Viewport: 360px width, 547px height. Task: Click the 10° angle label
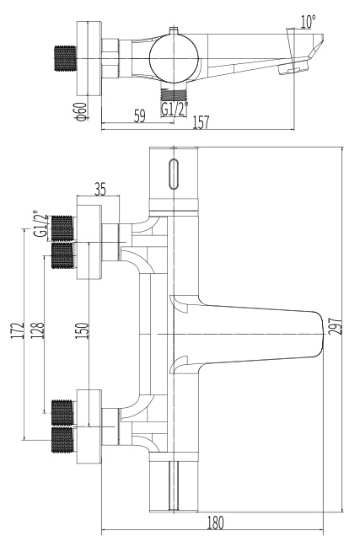308,22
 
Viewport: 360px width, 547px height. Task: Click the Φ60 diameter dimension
81,111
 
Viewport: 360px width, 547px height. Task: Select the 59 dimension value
140,115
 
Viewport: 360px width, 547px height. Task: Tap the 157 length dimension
201,123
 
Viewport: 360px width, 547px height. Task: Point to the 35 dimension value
100,190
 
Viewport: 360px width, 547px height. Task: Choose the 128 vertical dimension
39,330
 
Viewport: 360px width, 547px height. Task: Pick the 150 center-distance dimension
83,330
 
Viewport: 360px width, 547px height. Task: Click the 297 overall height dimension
334,326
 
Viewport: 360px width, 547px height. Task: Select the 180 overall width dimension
216,523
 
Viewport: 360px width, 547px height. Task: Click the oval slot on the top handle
174,174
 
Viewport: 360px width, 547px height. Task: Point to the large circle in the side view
174,58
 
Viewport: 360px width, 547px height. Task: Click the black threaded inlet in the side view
65,58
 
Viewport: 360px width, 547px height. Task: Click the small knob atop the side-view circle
174,30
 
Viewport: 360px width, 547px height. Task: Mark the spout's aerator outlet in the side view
293,67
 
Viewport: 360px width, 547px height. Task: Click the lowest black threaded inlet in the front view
62,440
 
